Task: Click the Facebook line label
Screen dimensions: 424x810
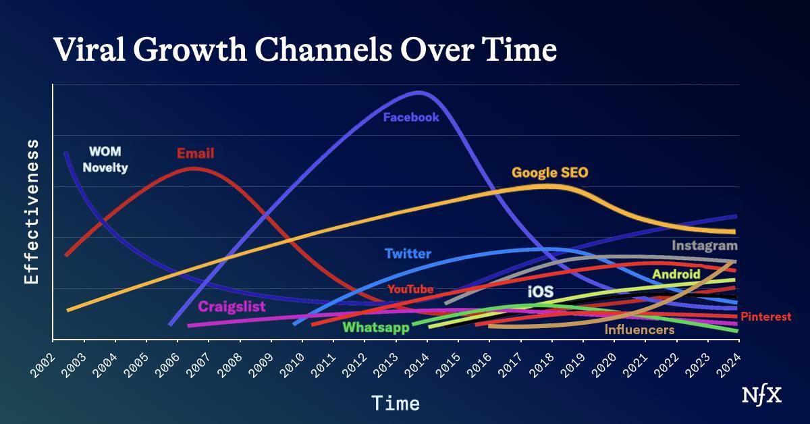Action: pos(411,117)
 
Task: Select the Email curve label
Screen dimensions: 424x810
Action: pos(195,154)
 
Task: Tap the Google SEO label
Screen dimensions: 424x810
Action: pos(549,173)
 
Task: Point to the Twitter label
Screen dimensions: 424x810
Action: pos(408,255)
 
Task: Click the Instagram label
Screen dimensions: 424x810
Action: pos(704,246)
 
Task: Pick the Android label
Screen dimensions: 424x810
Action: pos(676,275)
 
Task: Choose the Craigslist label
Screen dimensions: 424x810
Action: pos(232,307)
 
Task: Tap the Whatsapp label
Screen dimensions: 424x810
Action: pos(376,328)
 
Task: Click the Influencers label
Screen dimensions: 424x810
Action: pos(639,330)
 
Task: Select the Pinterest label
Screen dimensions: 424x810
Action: pos(765,317)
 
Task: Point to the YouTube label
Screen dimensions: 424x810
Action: pos(410,290)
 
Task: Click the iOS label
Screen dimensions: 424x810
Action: pos(540,292)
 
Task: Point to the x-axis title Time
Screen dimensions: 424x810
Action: pos(396,404)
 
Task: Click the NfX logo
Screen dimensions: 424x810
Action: pos(762,396)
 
